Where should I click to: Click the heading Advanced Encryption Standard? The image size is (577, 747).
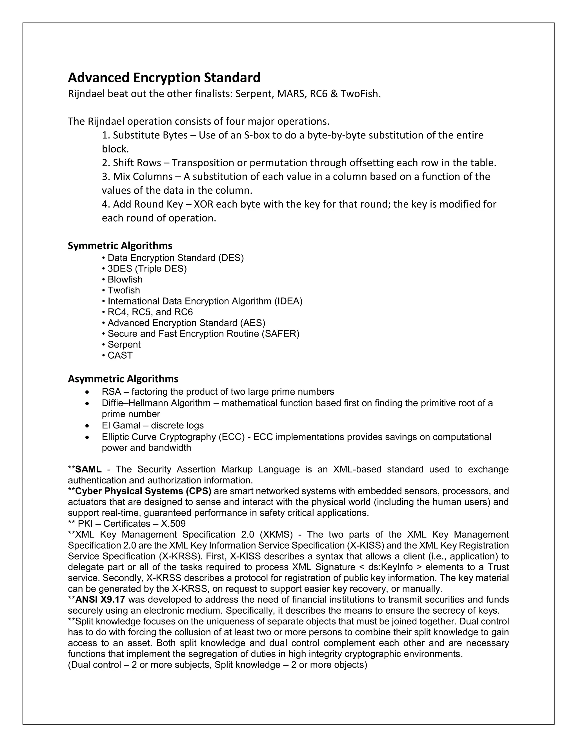pyautogui.click(x=164, y=78)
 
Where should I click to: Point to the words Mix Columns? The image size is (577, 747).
pyautogui.click(x=143, y=176)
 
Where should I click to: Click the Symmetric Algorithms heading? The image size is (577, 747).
pyautogui.click(x=120, y=246)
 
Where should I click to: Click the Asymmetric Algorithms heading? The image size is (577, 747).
pyautogui.click(x=123, y=379)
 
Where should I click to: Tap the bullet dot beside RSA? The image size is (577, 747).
pyautogui.click(x=88, y=392)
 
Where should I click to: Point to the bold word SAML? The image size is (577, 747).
pyautogui.click(x=88, y=469)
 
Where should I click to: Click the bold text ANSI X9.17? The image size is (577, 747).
pyautogui.click(x=100, y=600)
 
